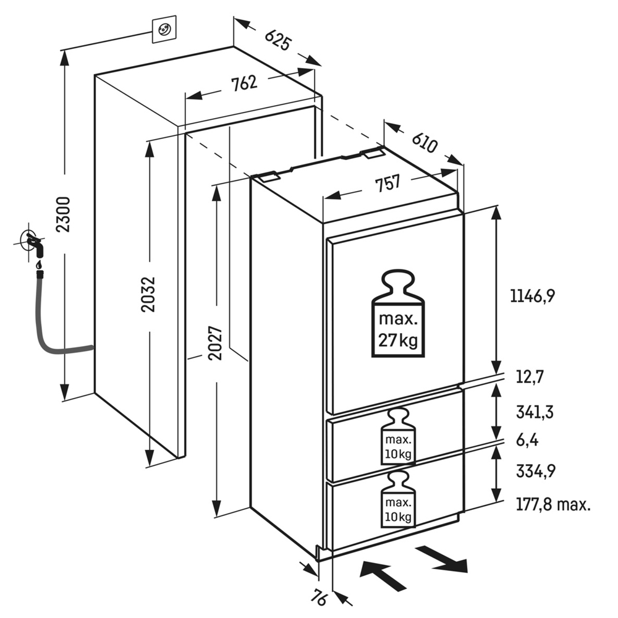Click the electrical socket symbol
(164, 29)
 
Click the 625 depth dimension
(278, 40)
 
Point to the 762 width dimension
(244, 83)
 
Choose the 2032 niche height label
(149, 294)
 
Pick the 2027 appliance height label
(216, 342)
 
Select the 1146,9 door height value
(533, 295)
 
